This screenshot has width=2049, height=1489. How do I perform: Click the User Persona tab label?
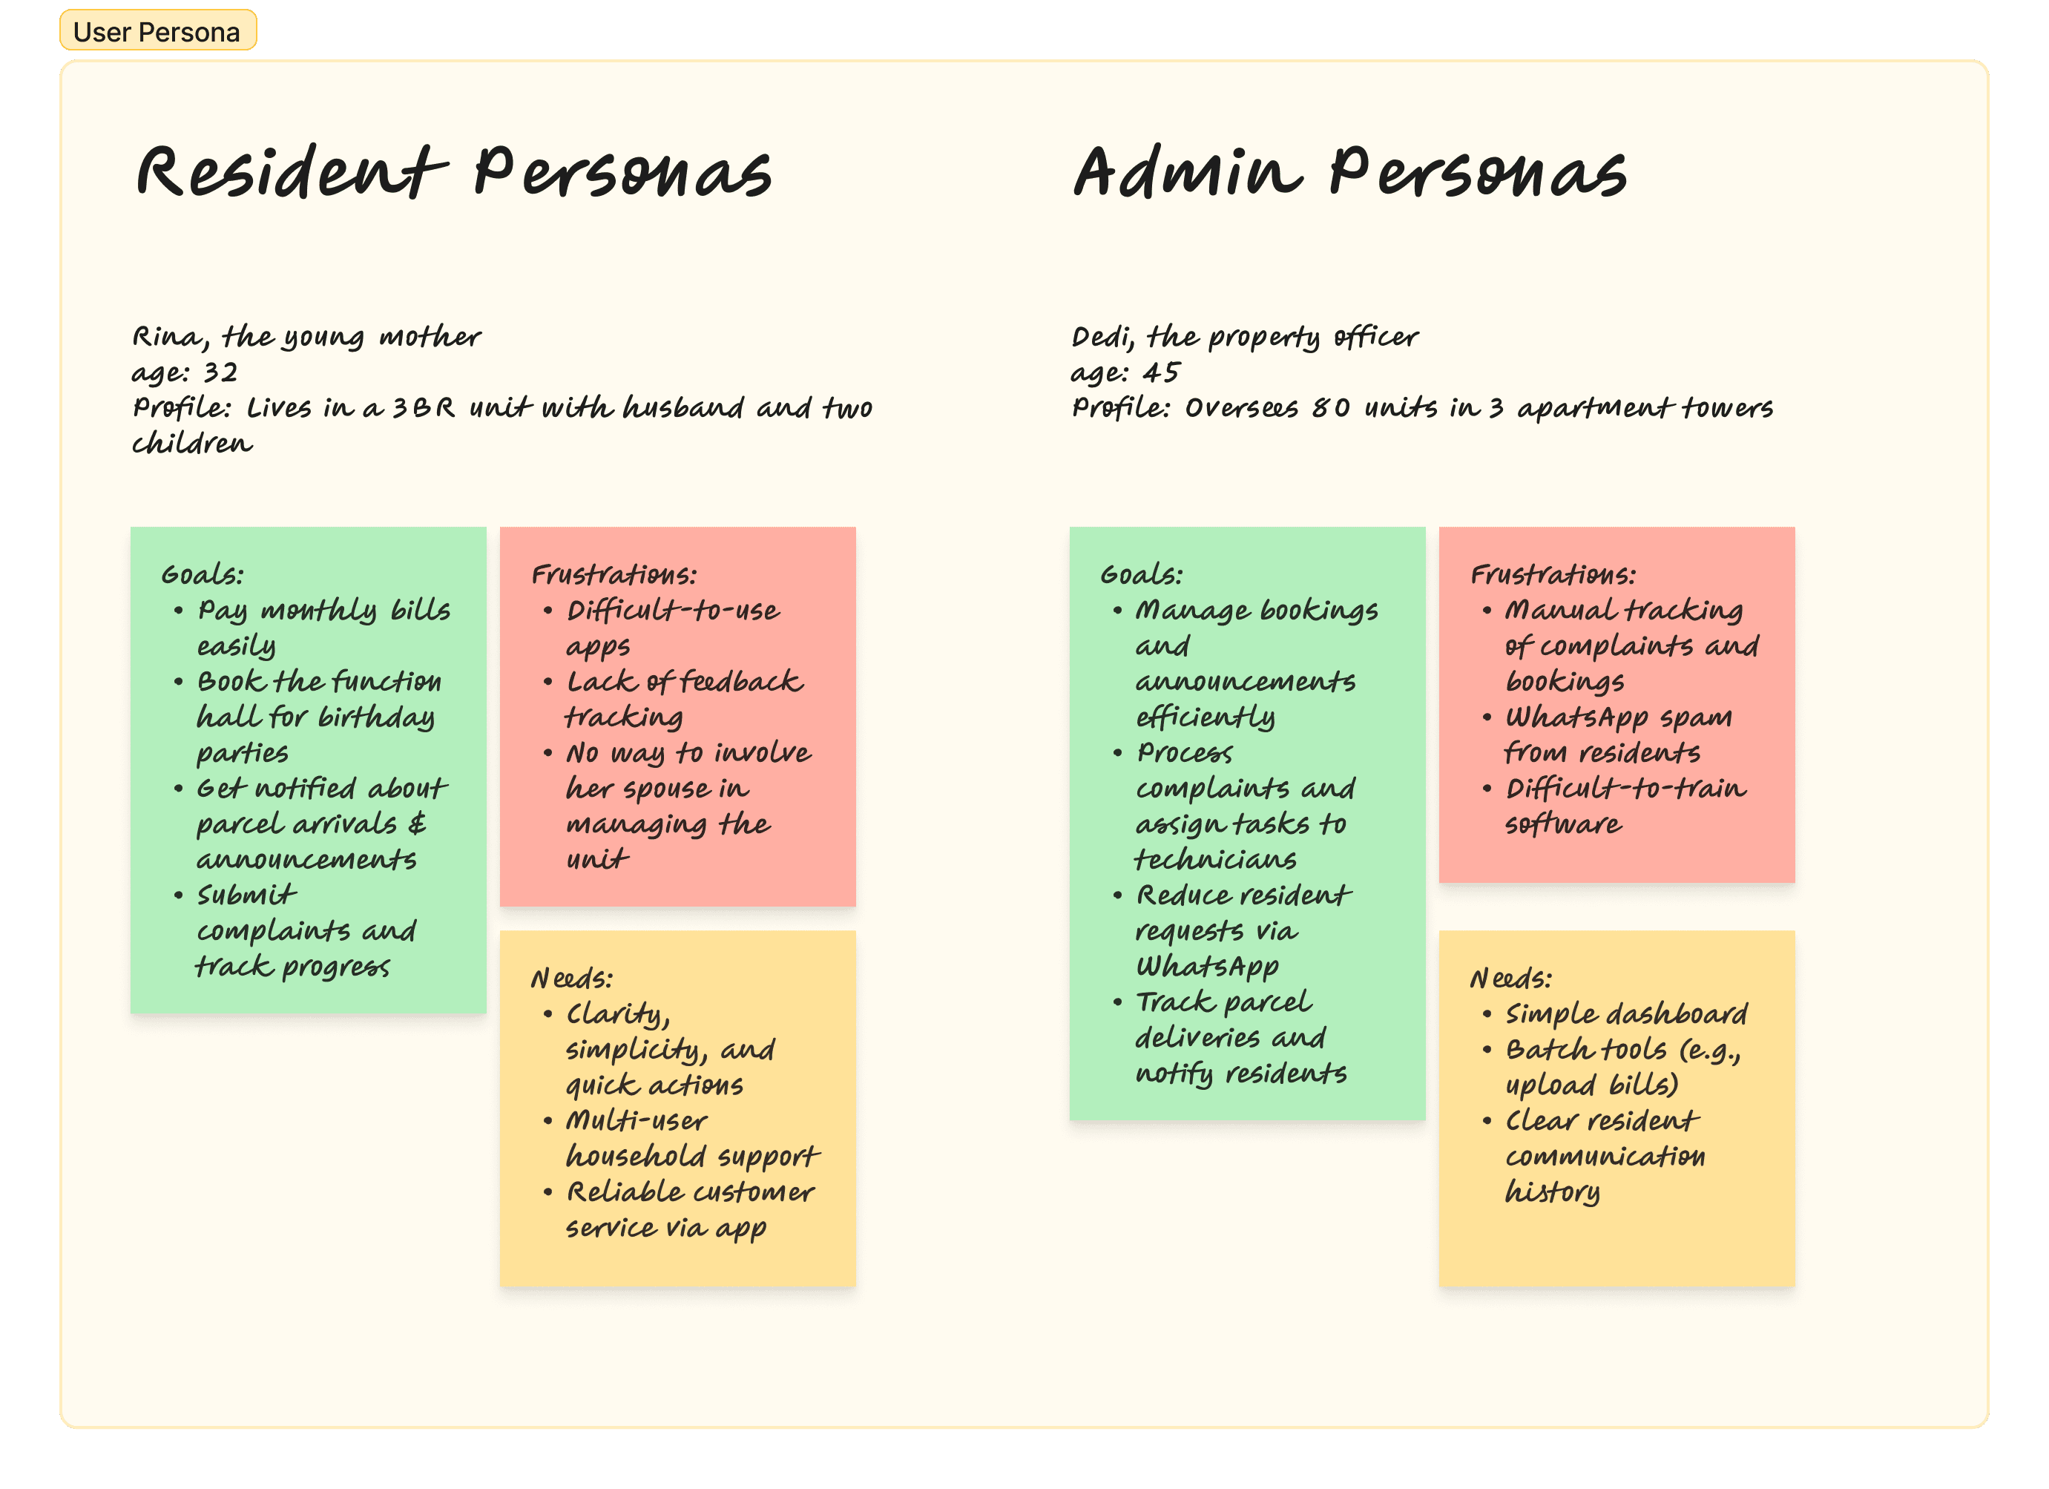point(157,32)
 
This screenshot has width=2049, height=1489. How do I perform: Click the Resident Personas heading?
point(453,171)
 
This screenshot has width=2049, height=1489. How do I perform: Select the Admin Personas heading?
point(1349,171)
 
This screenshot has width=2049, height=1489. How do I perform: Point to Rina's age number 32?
point(220,372)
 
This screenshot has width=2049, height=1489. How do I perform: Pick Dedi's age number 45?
point(1161,372)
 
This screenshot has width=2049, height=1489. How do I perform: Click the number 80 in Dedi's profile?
point(1331,408)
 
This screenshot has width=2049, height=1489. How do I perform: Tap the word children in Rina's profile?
point(191,444)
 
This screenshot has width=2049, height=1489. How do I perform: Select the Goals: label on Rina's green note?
point(203,575)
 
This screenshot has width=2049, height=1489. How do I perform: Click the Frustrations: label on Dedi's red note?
point(1553,575)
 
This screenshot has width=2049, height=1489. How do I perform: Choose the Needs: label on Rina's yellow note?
point(572,978)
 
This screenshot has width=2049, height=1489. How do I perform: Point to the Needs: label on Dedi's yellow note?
point(1510,978)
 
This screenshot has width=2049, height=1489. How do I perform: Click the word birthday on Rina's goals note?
point(376,717)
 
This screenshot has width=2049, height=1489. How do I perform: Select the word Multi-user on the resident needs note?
point(636,1120)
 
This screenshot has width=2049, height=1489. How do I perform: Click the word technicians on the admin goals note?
point(1215,859)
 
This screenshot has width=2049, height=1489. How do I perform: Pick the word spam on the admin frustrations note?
point(1695,717)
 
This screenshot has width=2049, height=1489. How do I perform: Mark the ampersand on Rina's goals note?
point(416,823)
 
